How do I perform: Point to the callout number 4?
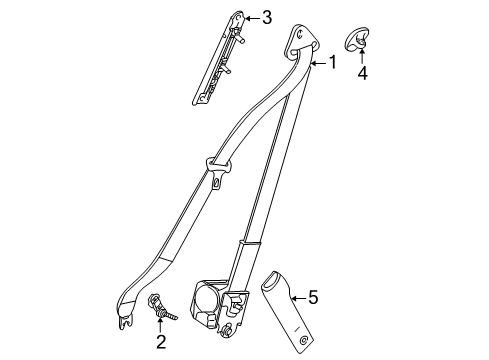[363, 72]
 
